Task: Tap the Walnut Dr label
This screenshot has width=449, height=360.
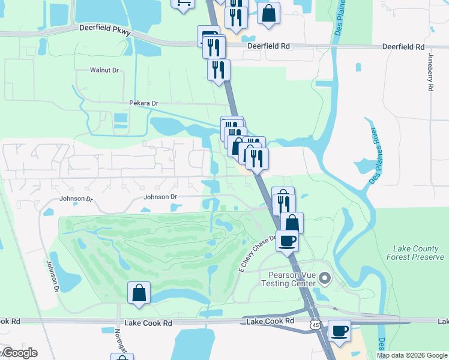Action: click(104, 70)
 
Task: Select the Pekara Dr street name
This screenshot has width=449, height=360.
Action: click(143, 103)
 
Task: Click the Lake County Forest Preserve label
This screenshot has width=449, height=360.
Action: click(418, 253)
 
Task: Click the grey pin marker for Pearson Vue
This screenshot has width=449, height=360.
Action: click(325, 278)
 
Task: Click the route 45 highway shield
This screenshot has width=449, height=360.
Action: click(315, 324)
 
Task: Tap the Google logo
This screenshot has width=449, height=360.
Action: click(19, 353)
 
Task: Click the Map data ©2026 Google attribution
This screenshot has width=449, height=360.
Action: click(411, 355)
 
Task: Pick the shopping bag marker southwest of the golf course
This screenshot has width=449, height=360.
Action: click(139, 293)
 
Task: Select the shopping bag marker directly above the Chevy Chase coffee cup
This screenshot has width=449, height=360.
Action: click(292, 223)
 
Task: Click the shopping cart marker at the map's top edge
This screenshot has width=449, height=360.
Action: click(182, 3)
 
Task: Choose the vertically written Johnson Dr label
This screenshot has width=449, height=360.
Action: click(51, 276)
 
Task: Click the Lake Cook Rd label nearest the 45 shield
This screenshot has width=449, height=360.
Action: click(271, 321)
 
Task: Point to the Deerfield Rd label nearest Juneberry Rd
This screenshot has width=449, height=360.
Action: click(403, 46)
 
